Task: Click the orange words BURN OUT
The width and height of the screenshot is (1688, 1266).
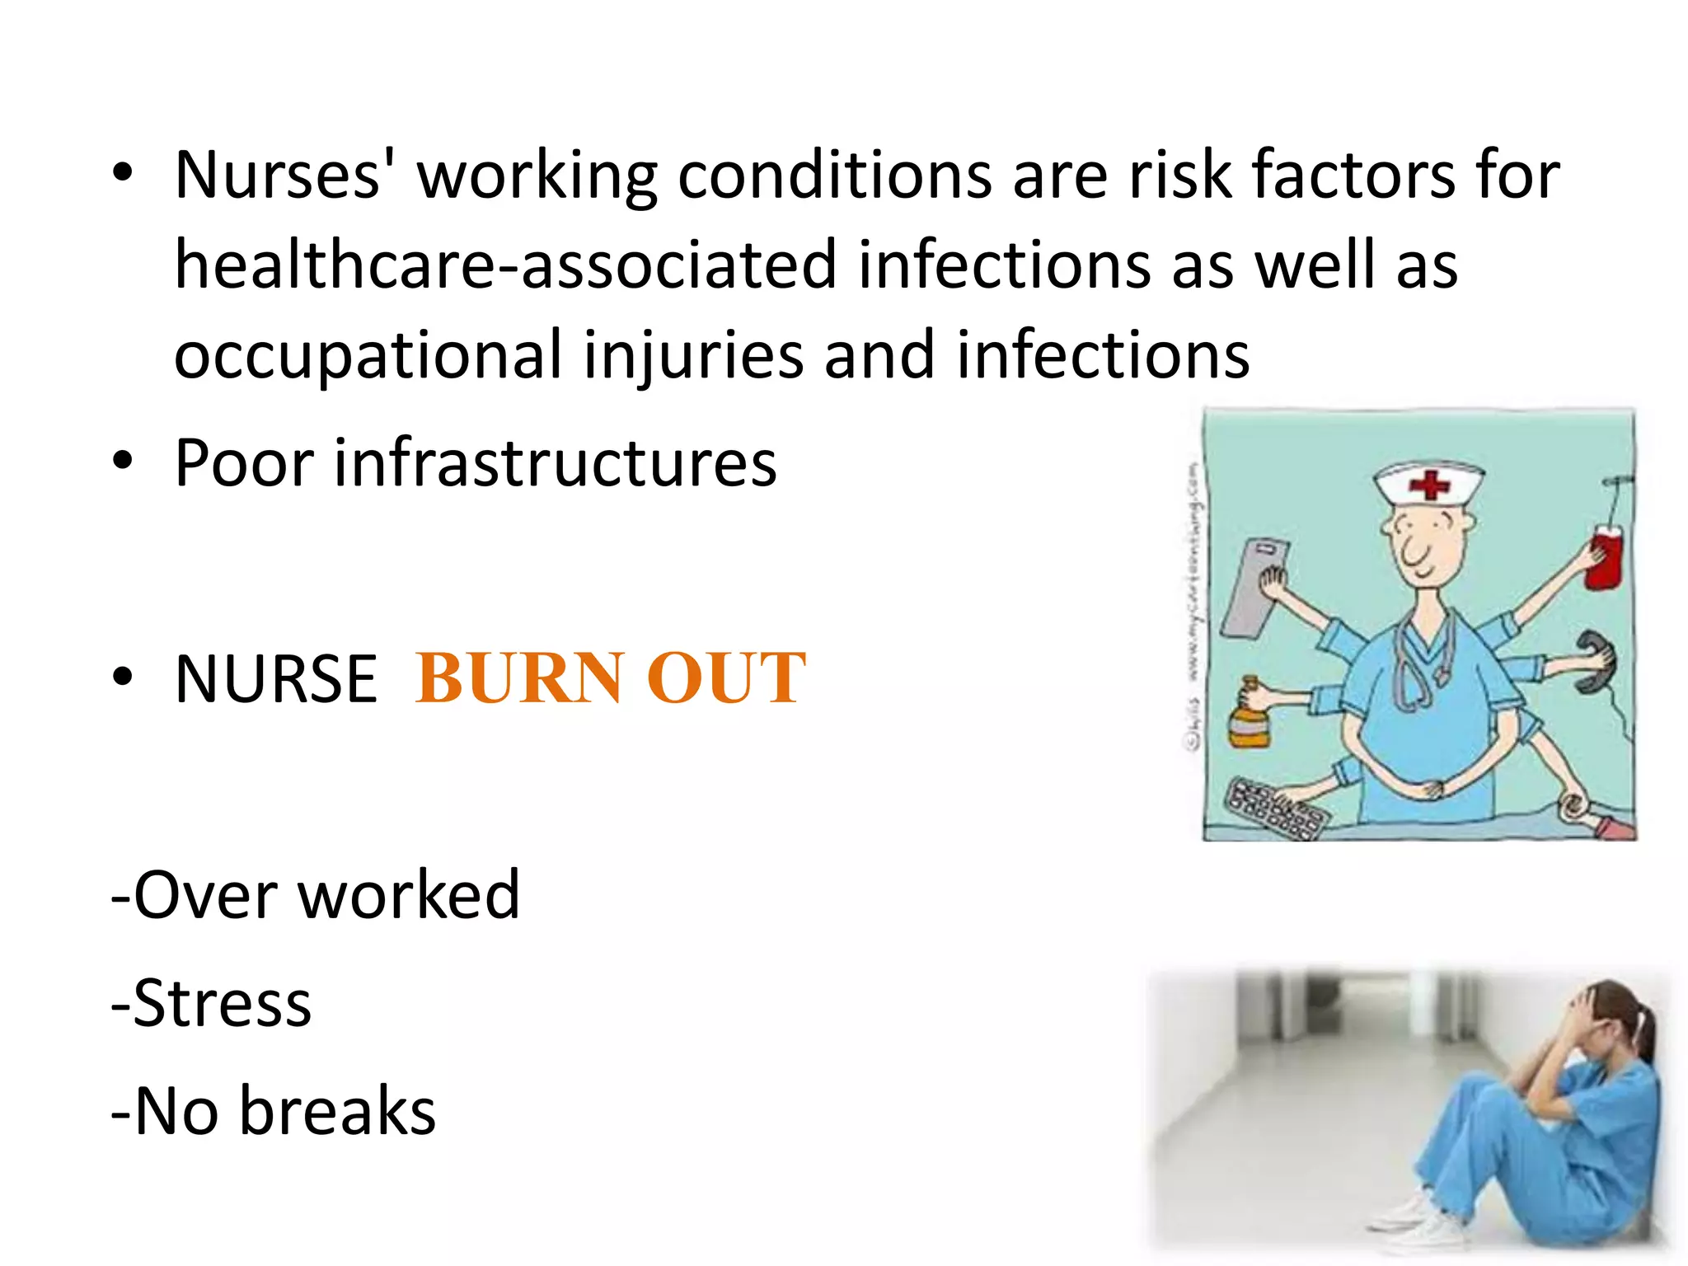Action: pyautogui.click(x=610, y=678)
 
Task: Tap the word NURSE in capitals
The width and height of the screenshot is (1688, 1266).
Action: pyautogui.click(x=276, y=679)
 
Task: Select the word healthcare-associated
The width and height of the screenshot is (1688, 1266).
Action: pyautogui.click(x=506, y=265)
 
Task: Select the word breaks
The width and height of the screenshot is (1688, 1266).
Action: pyautogui.click(x=337, y=1112)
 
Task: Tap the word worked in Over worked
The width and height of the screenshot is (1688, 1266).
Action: pyautogui.click(x=409, y=896)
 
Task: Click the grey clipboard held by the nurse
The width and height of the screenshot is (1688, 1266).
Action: pyautogui.click(x=1253, y=586)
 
